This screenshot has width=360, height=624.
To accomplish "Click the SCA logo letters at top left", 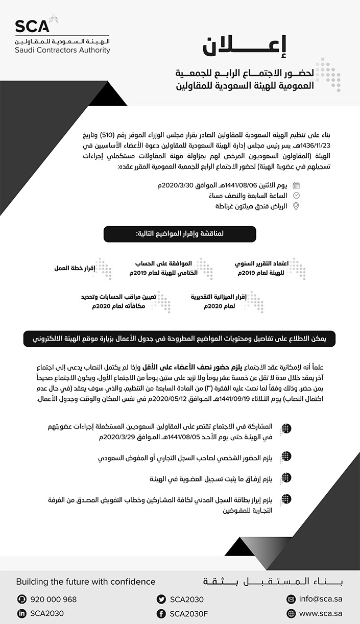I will (32, 26).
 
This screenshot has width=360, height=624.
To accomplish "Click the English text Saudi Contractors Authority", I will (62, 51).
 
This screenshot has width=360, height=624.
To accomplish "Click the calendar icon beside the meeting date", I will (296, 185).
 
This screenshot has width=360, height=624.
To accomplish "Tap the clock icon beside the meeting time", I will (296, 196).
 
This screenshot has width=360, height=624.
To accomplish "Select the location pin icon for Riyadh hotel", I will (296, 206).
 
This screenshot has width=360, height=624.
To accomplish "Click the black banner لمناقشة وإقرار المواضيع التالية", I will (180, 234).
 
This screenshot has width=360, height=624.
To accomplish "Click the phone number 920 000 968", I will (54, 599).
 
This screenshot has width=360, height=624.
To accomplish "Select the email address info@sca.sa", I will (320, 599).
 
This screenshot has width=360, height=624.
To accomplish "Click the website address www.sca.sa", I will (320, 613).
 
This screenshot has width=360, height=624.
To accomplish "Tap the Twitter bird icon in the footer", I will (161, 599).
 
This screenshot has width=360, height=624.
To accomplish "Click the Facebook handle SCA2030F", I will (189, 613).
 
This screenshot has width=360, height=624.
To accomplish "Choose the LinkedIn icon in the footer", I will (21, 613).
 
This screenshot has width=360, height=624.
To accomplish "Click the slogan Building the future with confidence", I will (86, 582).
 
